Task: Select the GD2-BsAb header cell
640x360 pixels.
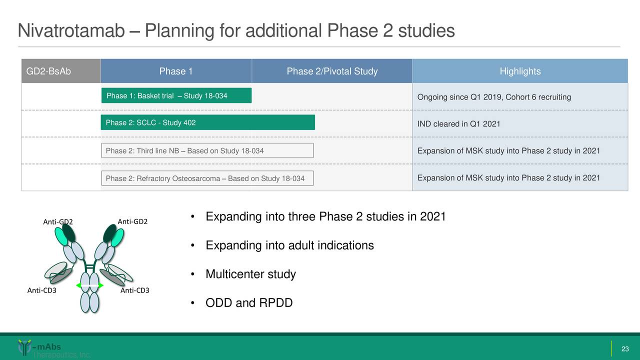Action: pyautogui.click(x=48, y=71)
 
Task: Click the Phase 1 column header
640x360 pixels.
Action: pyautogui.click(x=176, y=71)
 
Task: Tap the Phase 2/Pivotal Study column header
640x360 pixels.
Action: pyautogui.click(x=332, y=71)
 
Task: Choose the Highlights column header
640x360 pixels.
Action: pyautogui.click(x=520, y=71)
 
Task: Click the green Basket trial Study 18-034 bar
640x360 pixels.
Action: pyautogui.click(x=176, y=95)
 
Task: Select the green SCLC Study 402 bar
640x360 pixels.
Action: pyautogui.click(x=207, y=122)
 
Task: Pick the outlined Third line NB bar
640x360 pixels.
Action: pyautogui.click(x=207, y=150)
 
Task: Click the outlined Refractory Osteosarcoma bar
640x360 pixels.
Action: pyautogui.click(x=207, y=178)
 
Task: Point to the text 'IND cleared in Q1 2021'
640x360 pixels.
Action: pyautogui.click(x=458, y=124)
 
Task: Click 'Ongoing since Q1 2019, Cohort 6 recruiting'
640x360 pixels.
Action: pyautogui.click(x=494, y=97)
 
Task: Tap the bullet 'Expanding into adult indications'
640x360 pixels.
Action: pyautogui.click(x=289, y=245)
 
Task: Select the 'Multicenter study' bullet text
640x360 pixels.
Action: pyautogui.click(x=250, y=274)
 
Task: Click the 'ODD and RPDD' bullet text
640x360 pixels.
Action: pyautogui.click(x=249, y=303)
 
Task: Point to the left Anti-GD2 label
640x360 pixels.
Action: pyautogui.click(x=58, y=222)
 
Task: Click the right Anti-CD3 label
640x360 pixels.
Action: pyautogui.click(x=135, y=290)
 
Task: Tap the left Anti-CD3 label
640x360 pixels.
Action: pyautogui.click(x=41, y=290)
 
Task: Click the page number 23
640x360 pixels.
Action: pyautogui.click(x=624, y=348)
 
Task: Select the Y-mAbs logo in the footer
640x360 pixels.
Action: pyautogui.click(x=40, y=348)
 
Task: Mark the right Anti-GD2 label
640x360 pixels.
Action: pyautogui.click(x=132, y=221)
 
